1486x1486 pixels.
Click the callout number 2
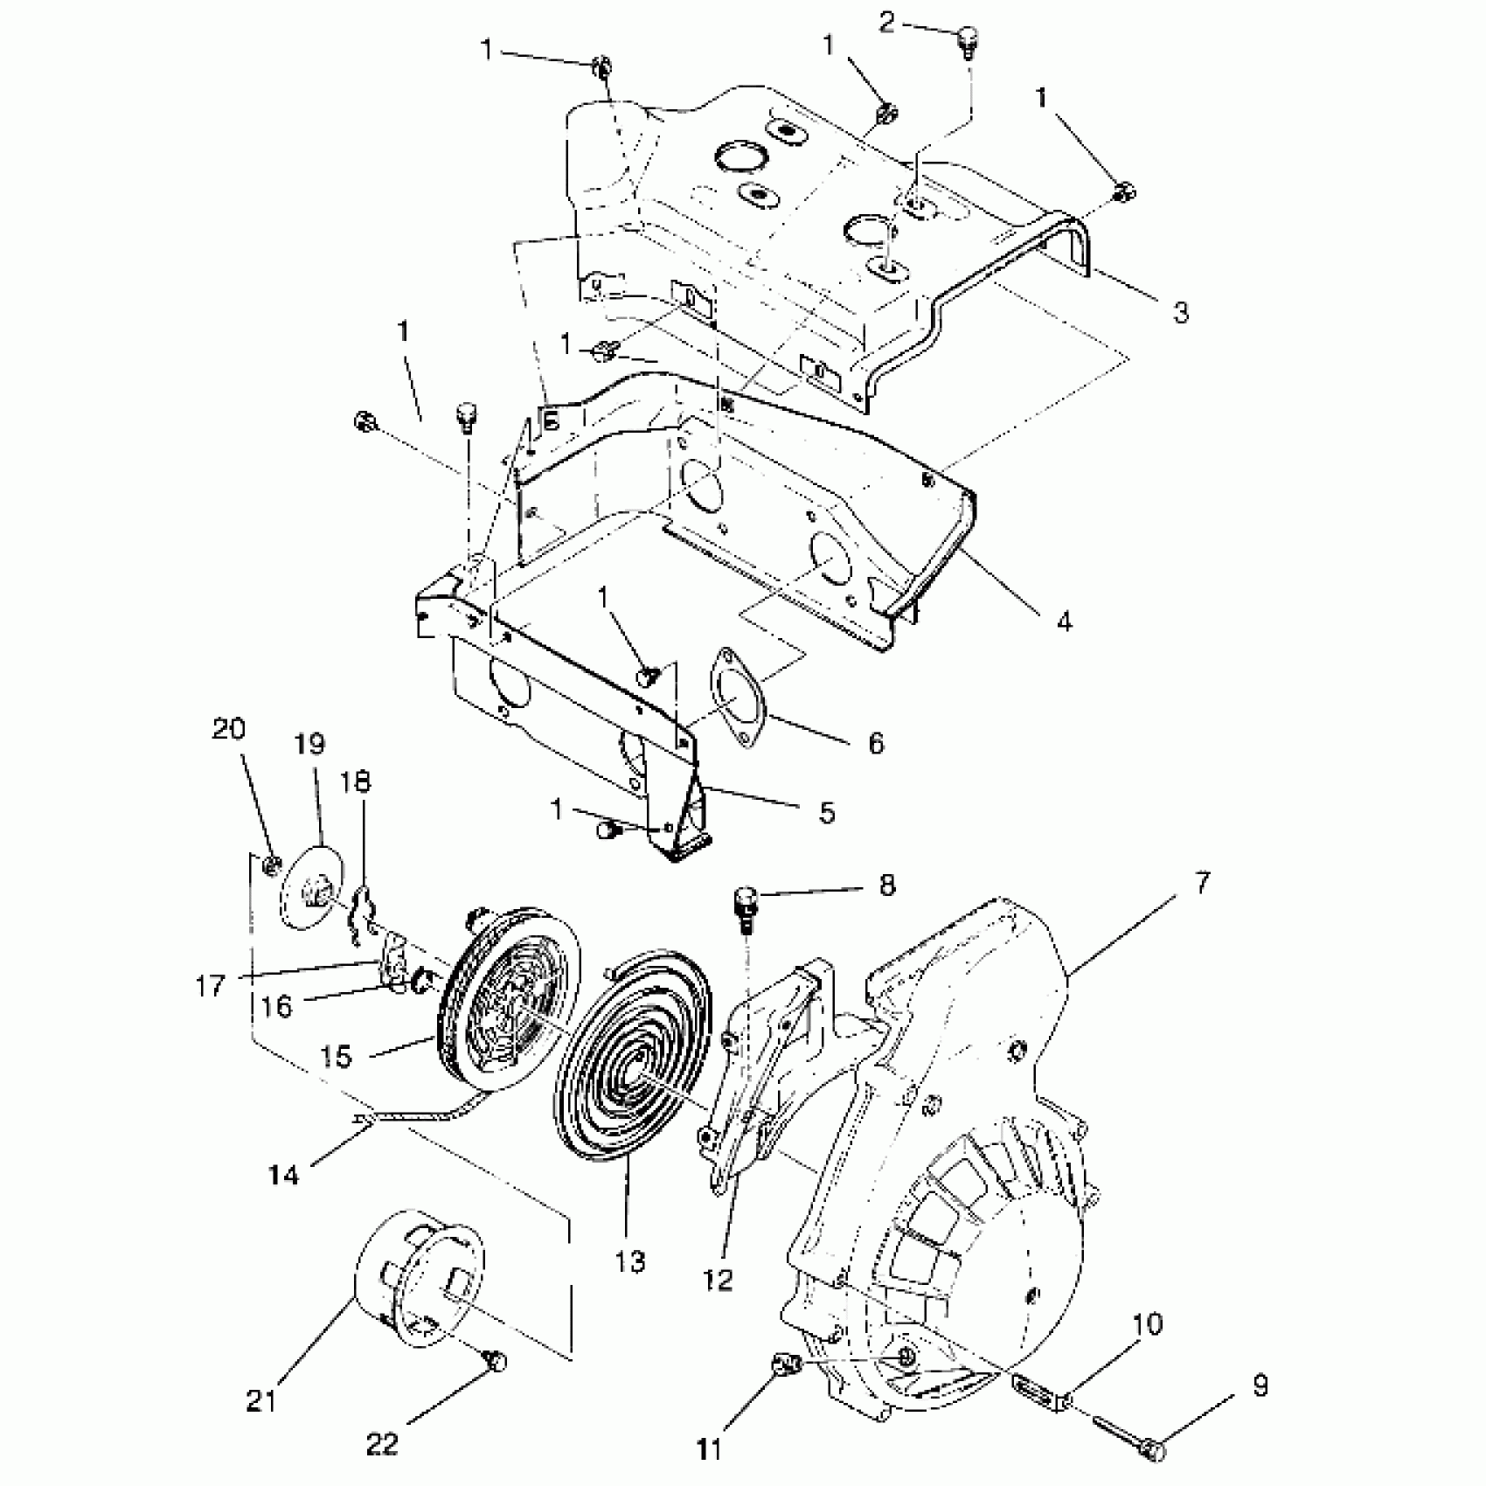[887, 22]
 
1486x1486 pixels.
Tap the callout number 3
[1181, 312]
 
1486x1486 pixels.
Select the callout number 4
[1064, 621]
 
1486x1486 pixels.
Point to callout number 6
[876, 742]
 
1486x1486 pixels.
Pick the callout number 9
[1260, 1387]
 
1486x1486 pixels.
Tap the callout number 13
[629, 1261]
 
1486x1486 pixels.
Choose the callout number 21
[261, 1401]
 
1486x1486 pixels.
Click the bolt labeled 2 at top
[968, 39]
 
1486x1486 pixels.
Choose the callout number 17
[211, 986]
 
